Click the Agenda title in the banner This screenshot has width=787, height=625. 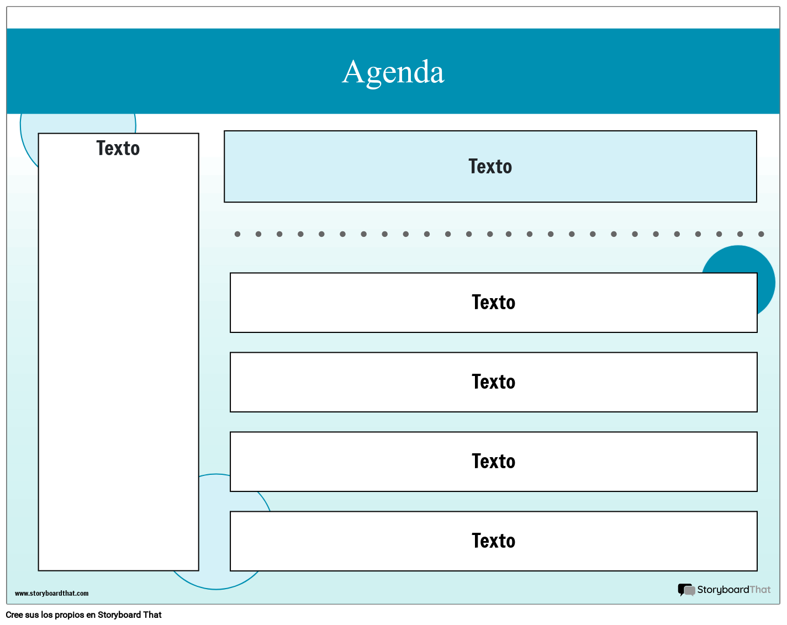coord(393,72)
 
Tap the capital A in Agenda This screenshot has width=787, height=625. coord(354,72)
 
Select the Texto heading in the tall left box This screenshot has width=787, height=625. coord(118,149)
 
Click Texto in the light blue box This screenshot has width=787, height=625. coord(490,167)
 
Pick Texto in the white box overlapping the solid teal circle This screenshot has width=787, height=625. coord(493,303)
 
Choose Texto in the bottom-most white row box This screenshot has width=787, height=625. coord(493,541)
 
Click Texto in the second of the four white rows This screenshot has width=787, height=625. coord(493,382)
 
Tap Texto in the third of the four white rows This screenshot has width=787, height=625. coord(493,462)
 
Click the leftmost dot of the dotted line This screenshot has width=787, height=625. coord(237,234)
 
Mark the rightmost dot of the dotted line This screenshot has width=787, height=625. coord(761,234)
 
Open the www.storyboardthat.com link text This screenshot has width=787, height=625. coord(51,594)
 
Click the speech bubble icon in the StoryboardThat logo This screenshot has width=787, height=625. coord(686,590)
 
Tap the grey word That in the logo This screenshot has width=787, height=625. coord(760,590)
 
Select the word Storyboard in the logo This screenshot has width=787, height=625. coord(723,590)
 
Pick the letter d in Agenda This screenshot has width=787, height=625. coord(419,72)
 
